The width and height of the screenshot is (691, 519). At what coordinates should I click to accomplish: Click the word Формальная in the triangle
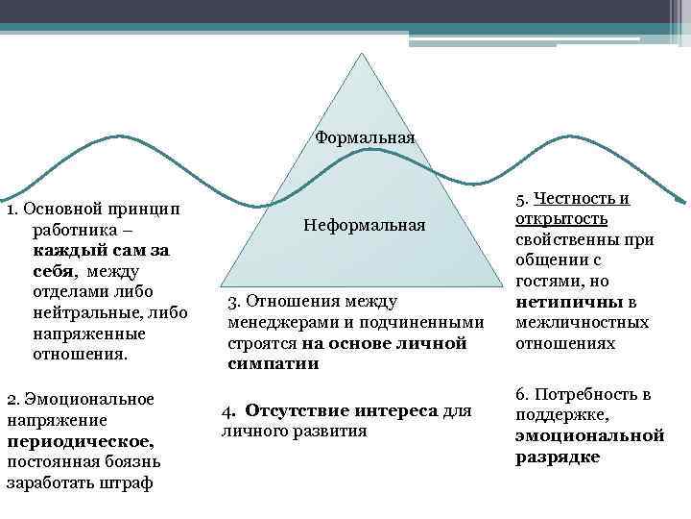tap(365, 137)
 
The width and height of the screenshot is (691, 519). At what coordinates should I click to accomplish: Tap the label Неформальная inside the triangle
tap(364, 225)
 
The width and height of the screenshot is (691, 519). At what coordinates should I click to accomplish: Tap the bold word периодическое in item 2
tap(80, 440)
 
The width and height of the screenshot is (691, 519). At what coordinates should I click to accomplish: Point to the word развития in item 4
tap(335, 432)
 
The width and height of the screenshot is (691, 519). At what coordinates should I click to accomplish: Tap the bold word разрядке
tap(558, 457)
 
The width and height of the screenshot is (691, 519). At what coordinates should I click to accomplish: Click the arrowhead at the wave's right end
tap(680, 200)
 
